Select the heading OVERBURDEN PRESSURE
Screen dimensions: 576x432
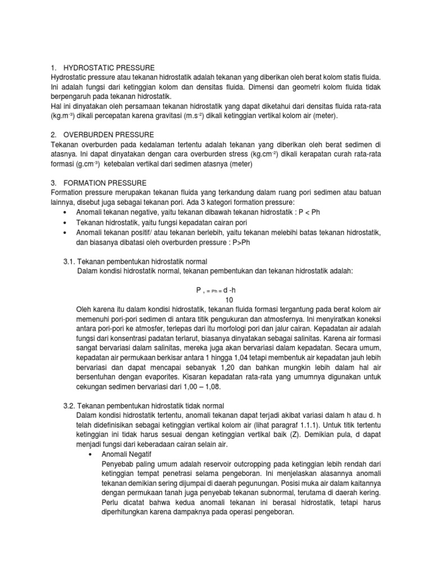[x=107, y=134]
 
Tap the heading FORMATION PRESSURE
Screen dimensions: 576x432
[x=105, y=183]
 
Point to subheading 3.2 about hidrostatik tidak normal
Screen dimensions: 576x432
[x=150, y=406]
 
